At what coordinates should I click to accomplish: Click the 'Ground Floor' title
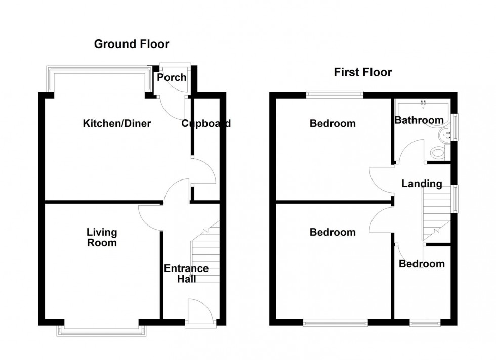pyautogui.click(x=132, y=44)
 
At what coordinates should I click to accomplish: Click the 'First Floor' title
pyautogui.click(x=362, y=72)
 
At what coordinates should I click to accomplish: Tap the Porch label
pyautogui.click(x=172, y=78)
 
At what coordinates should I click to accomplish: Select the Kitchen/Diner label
pyautogui.click(x=117, y=123)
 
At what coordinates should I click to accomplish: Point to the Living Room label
pyautogui.click(x=101, y=237)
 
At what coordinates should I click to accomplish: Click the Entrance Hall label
pyautogui.click(x=186, y=274)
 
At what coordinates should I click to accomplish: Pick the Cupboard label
pyautogui.click(x=206, y=123)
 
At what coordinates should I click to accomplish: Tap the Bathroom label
pyautogui.click(x=419, y=120)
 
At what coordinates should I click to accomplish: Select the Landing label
pyautogui.click(x=422, y=184)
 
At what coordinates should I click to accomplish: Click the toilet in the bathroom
pyautogui.click(x=436, y=152)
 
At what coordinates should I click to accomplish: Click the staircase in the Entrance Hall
pyautogui.click(x=205, y=255)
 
